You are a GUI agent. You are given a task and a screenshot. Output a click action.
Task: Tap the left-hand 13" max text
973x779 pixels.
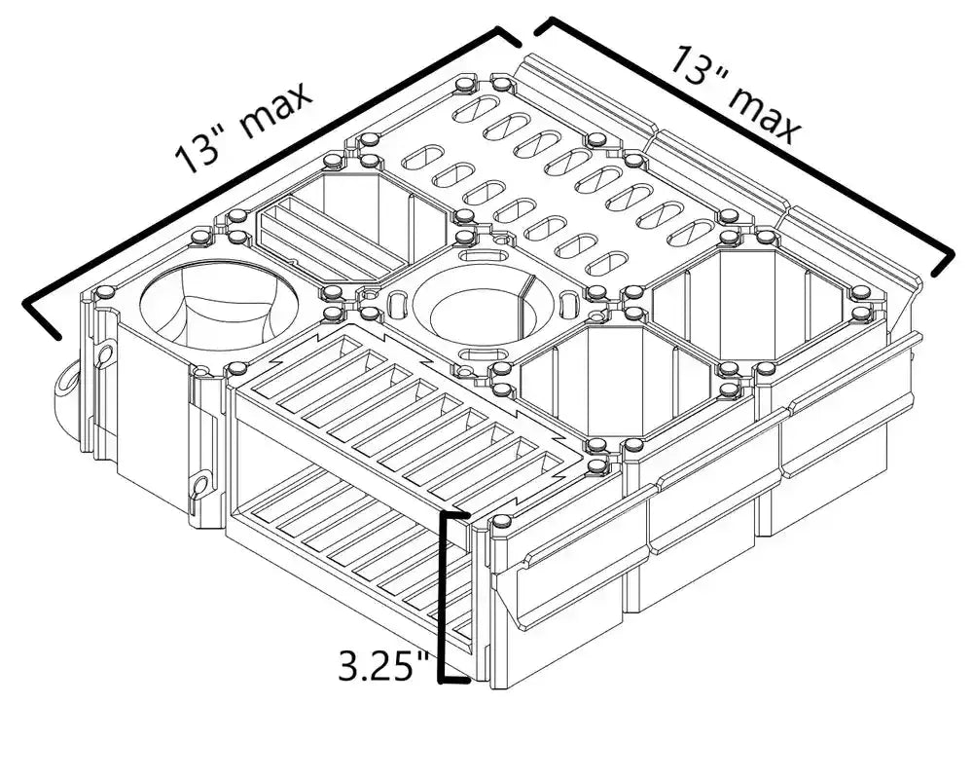pyautogui.click(x=243, y=127)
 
